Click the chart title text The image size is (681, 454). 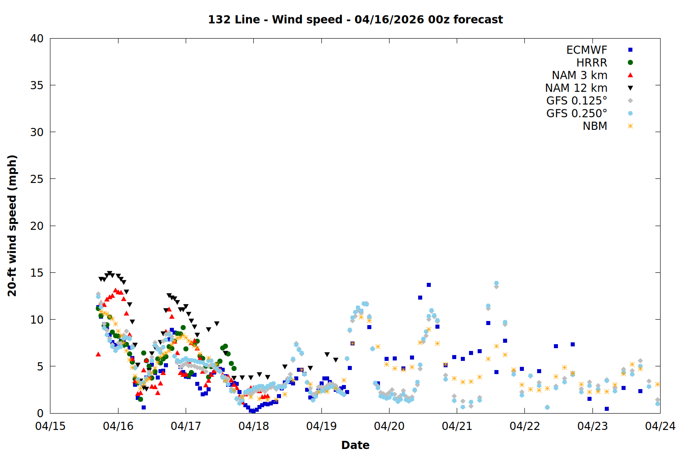pyautogui.click(x=355, y=20)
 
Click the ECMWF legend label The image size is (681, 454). pyautogui.click(x=587, y=50)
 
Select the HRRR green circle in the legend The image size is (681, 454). pyautogui.click(x=630, y=63)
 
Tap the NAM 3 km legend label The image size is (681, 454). pyautogui.click(x=579, y=75)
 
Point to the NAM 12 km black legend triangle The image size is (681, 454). pyautogui.click(x=630, y=88)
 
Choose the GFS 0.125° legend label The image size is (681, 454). pyautogui.click(x=577, y=101)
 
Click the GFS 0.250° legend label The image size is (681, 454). pyautogui.click(x=577, y=113)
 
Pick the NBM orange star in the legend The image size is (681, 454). pyautogui.click(x=630, y=126)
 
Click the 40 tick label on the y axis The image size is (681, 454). pyautogui.click(x=37, y=39)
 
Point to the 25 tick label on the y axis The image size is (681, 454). pyautogui.click(x=37, y=179)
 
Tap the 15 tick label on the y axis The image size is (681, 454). pyautogui.click(x=37, y=272)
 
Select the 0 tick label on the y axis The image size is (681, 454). pyautogui.click(x=40, y=413)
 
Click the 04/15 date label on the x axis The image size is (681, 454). pyautogui.click(x=50, y=426)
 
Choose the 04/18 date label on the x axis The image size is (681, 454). pyautogui.click(x=254, y=426)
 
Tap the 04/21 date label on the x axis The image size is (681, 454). pyautogui.click(x=457, y=426)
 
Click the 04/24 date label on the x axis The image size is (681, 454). pyautogui.click(x=660, y=426)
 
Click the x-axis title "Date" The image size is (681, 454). pyautogui.click(x=355, y=445)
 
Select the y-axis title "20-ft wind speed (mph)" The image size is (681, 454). pyautogui.click(x=12, y=226)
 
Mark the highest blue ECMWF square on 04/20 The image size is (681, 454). pyautogui.click(x=429, y=285)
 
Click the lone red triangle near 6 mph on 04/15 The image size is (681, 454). pyautogui.click(x=98, y=354)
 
